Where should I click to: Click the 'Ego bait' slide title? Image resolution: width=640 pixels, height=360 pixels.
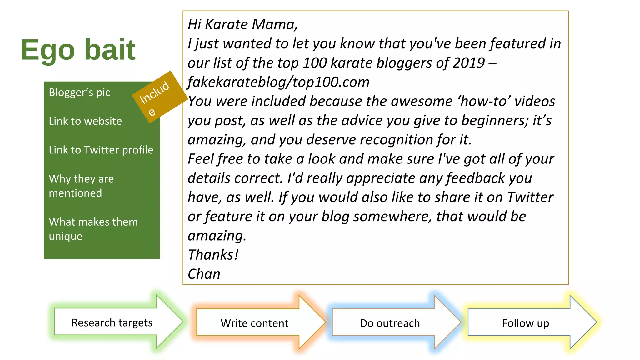[78, 50]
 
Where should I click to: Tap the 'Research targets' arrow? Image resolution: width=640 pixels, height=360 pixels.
[112, 322]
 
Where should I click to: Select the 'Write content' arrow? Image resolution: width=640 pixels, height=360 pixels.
[254, 323]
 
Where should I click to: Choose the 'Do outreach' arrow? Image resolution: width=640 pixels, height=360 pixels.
[390, 323]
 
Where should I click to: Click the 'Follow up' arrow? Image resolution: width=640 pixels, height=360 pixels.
[525, 323]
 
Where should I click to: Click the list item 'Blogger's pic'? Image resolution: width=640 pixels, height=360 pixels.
[79, 92]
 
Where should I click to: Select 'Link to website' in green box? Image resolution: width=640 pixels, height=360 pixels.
[85, 121]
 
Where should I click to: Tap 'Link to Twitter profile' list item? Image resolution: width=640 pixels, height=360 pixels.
[101, 150]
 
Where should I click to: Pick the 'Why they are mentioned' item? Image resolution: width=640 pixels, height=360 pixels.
[81, 186]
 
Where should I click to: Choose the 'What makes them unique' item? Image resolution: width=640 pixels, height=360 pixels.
[93, 229]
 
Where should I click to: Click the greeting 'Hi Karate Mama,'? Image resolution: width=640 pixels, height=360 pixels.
[242, 25]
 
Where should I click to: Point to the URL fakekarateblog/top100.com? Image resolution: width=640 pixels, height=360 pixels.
[278, 82]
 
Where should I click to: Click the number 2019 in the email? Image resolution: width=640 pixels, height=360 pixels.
[468, 63]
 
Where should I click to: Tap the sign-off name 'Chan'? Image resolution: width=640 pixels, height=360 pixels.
[204, 274]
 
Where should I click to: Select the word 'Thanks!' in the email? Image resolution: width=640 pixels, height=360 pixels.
[213, 255]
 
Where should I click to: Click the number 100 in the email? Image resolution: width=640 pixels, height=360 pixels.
[315, 63]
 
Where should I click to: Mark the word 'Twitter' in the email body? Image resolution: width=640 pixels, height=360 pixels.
[530, 197]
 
